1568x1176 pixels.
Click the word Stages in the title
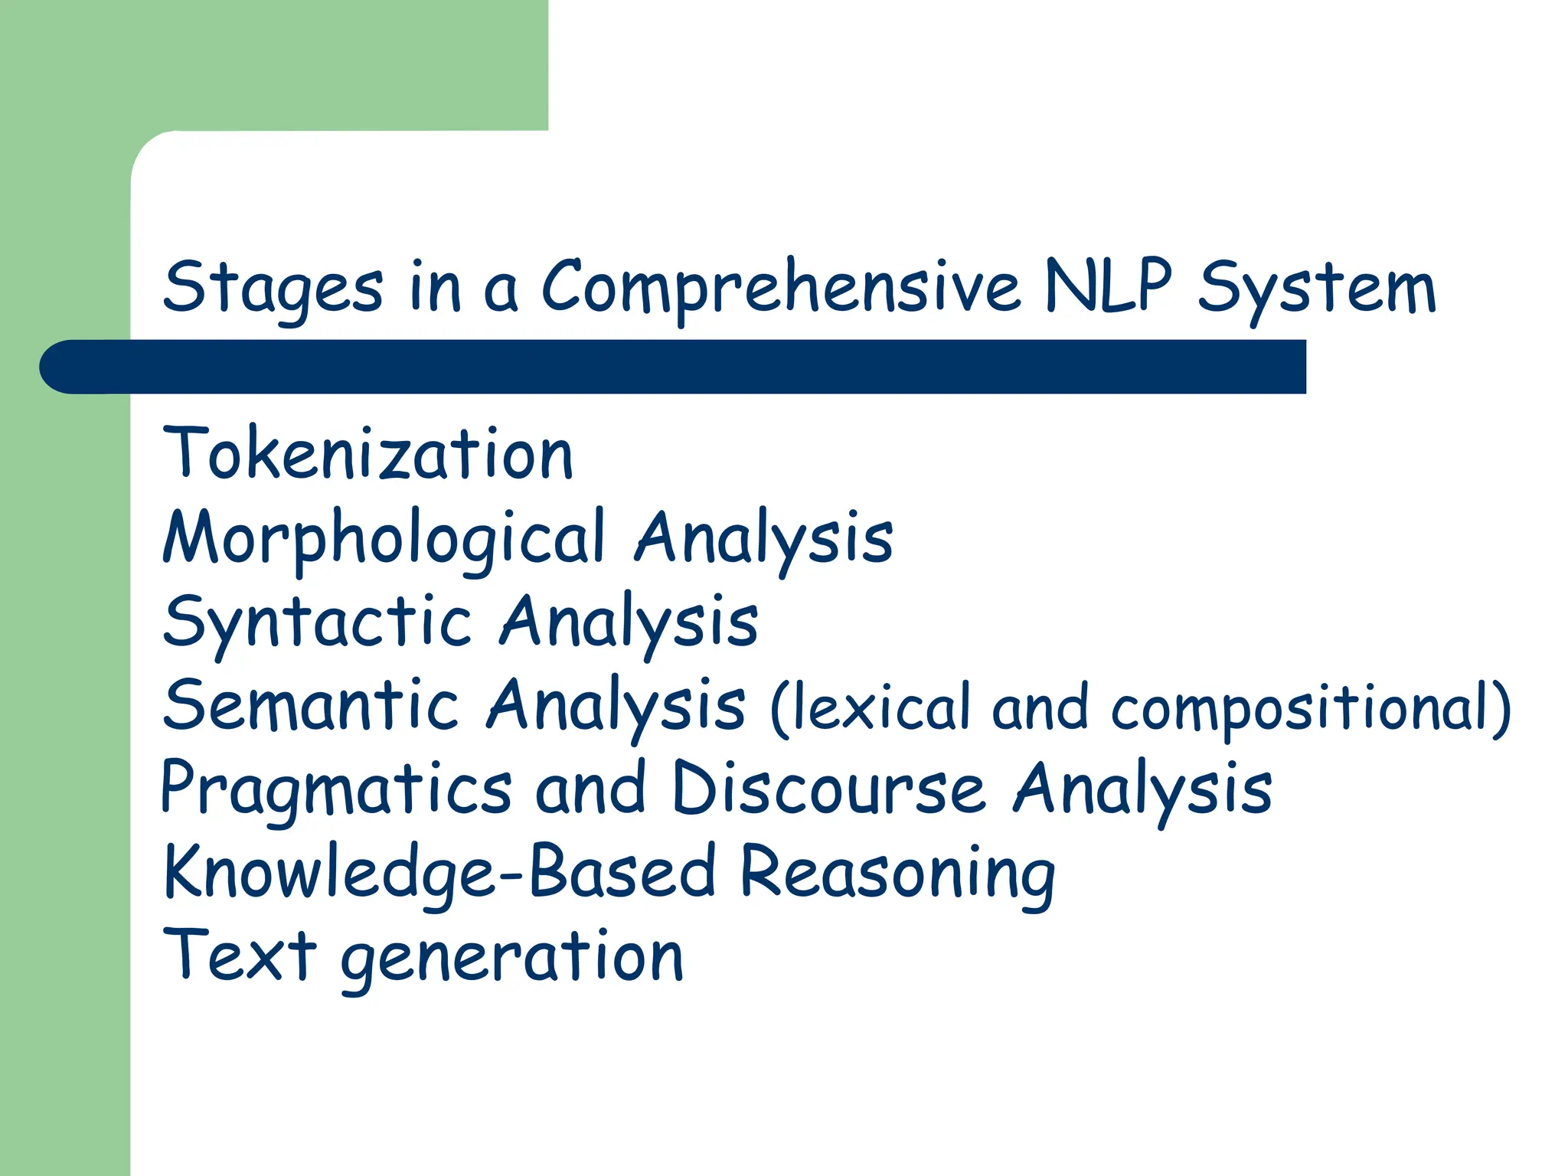pyautogui.click(x=273, y=288)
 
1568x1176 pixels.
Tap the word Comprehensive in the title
pyautogui.click(x=781, y=288)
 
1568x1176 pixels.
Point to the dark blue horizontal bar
pyautogui.click(x=674, y=367)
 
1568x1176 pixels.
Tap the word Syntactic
pyautogui.click(x=317, y=622)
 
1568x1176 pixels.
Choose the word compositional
pyautogui.click(x=1302, y=707)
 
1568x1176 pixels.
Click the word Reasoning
pyautogui.click(x=897, y=873)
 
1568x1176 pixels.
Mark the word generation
pyautogui.click(x=511, y=957)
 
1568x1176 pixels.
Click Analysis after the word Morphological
pyautogui.click(x=763, y=537)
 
